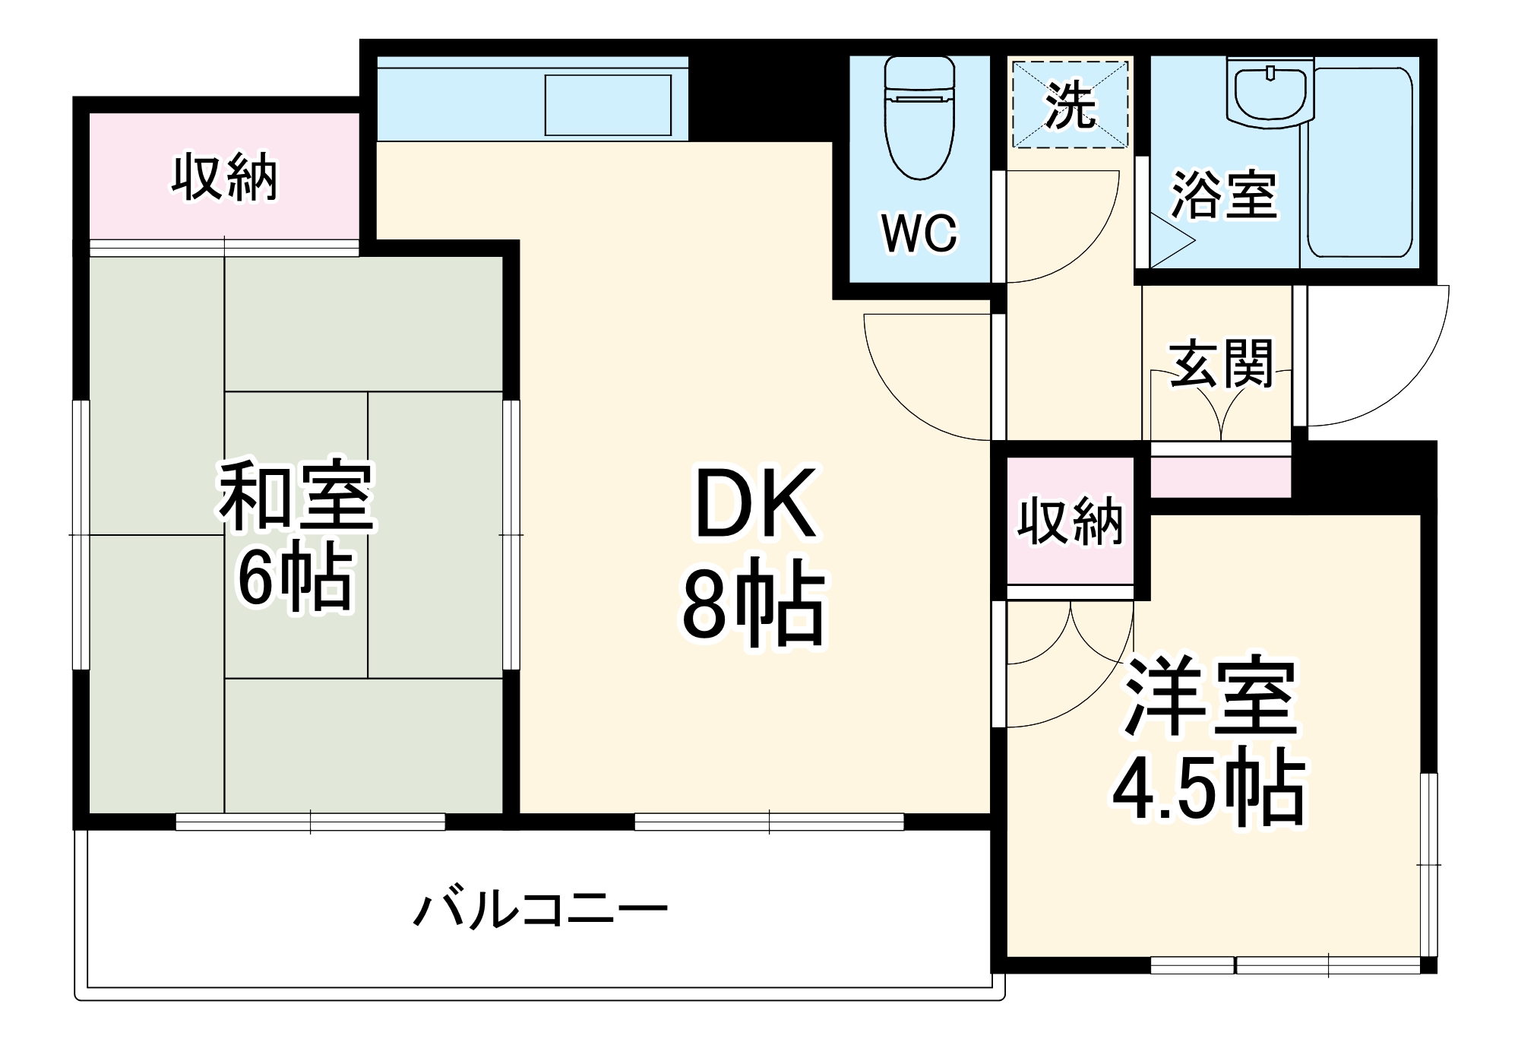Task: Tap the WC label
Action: coord(919,233)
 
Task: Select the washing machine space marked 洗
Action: coord(1071,105)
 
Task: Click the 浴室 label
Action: coord(1224,195)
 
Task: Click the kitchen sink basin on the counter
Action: coord(608,105)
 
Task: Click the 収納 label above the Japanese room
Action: coord(224,178)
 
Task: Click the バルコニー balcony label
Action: coord(540,909)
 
